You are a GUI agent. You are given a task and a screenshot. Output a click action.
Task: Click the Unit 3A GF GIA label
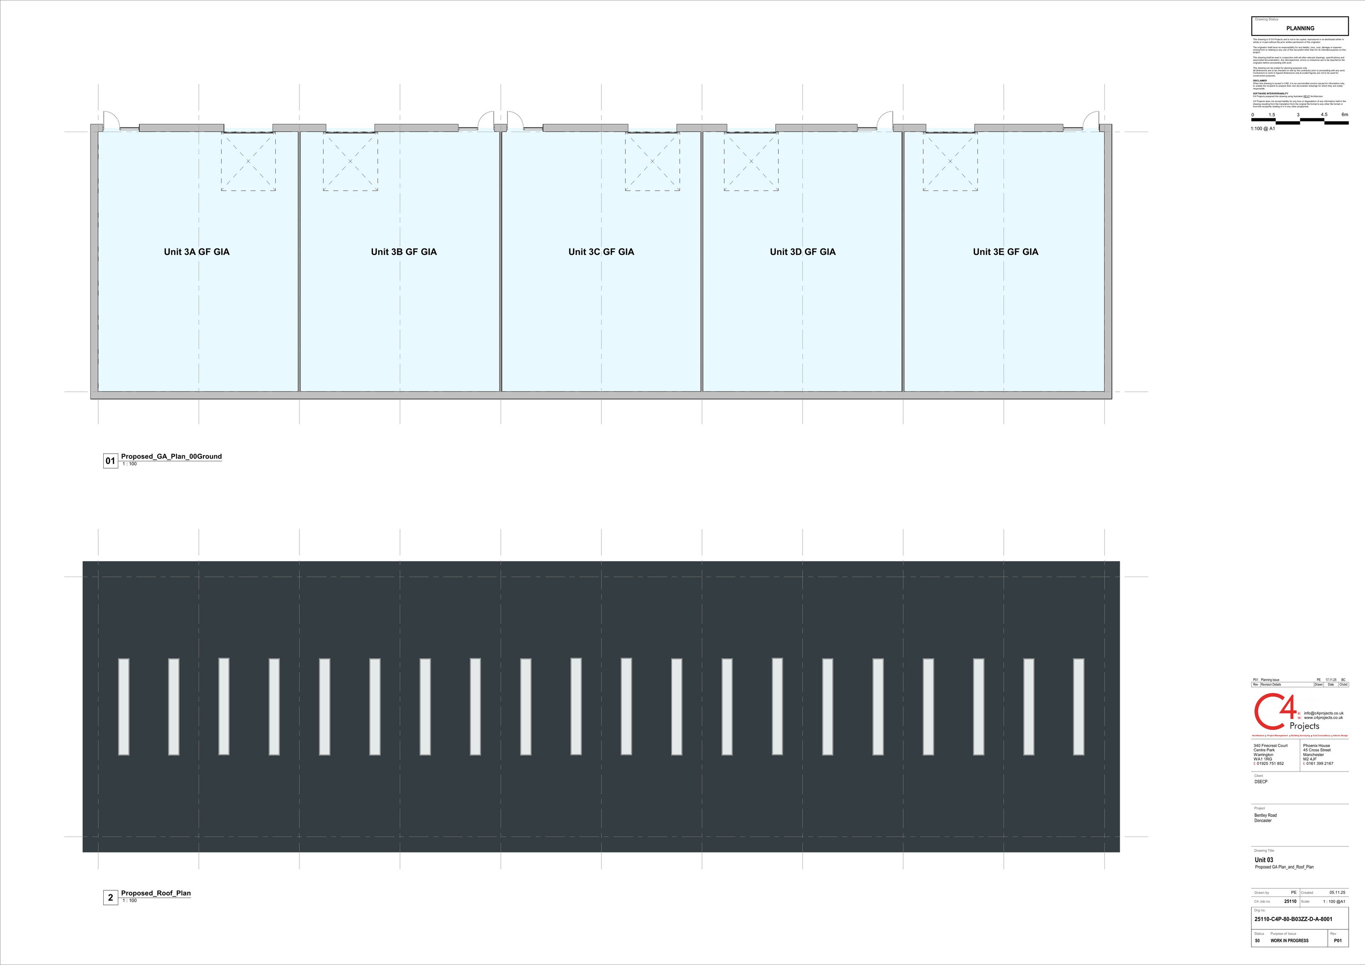tap(196, 252)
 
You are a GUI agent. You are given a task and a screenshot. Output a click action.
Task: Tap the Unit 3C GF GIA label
tap(601, 252)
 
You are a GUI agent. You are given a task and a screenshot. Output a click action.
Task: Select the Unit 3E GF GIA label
tap(1005, 252)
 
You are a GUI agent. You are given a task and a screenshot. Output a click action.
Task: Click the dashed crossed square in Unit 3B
tap(350, 161)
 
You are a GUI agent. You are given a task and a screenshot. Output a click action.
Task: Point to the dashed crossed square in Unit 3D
tap(751, 161)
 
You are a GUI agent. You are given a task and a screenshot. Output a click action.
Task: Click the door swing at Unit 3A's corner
tap(111, 121)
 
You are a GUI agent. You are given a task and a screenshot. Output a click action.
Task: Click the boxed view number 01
tap(111, 461)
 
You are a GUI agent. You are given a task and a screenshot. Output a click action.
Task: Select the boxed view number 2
tap(111, 898)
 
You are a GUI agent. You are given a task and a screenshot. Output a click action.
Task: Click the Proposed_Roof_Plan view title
tap(156, 893)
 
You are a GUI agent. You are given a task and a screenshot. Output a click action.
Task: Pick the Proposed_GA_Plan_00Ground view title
tap(171, 456)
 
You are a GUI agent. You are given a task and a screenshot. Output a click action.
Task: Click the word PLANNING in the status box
tap(1300, 28)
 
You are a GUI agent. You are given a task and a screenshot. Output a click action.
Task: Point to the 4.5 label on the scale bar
tap(1324, 115)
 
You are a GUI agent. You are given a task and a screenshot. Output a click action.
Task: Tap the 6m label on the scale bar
tap(1345, 115)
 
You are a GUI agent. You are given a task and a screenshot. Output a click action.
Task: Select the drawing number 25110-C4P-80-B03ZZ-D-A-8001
tap(1293, 919)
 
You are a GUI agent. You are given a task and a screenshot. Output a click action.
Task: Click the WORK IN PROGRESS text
tap(1289, 940)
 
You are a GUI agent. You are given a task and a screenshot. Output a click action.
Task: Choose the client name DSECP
tap(1261, 782)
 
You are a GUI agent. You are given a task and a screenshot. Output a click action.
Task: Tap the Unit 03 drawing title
tap(1264, 860)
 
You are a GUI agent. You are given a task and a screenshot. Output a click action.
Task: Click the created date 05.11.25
tap(1337, 893)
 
